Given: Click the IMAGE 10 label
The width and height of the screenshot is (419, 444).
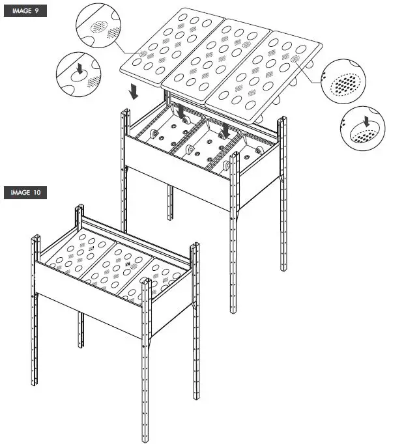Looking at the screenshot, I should point(25,193).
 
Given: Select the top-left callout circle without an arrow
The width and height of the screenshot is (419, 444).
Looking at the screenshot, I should point(99,27).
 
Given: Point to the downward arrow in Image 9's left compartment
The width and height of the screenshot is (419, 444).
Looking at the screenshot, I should point(181,111).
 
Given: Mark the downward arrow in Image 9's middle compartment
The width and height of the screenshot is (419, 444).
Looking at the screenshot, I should point(225,130).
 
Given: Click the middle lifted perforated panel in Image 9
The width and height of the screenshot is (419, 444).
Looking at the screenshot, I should point(218,59).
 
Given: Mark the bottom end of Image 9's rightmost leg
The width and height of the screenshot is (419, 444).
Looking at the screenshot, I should point(283,268).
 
